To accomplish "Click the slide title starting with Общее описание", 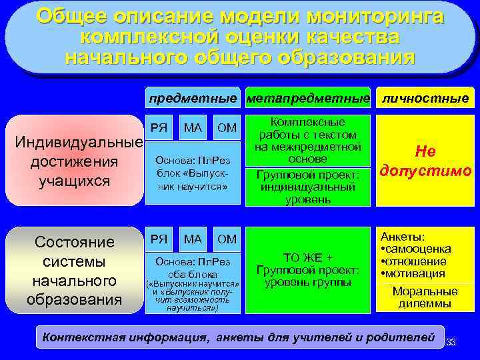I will (239, 37).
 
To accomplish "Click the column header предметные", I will (193, 99).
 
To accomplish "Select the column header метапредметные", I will (308, 99).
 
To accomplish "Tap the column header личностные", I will (425, 99).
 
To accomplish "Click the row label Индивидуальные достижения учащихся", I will (79, 162).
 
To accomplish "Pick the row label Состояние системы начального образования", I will (75, 270).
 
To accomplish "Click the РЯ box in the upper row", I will (159, 127).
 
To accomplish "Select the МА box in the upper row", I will (193, 127).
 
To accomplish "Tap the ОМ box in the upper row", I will (227, 127).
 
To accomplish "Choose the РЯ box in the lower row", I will (159, 239).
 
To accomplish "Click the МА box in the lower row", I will (193, 239).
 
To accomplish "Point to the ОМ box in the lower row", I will (227, 239).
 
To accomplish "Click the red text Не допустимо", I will (425, 161).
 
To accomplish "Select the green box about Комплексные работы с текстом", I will (307, 141).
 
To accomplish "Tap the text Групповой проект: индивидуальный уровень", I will (307, 187).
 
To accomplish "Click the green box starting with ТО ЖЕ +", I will (307, 270).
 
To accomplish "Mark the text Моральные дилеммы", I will (425, 297).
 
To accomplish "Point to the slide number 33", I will (451, 342).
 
